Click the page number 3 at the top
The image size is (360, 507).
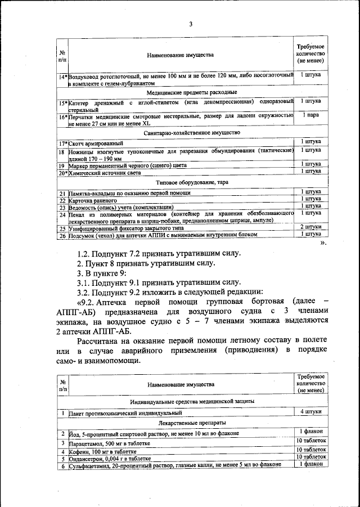191,24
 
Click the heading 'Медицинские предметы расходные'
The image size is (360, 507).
191,92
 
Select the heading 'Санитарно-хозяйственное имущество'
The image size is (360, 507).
192,132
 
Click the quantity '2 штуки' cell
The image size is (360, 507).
310,226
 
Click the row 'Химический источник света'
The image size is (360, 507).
104,173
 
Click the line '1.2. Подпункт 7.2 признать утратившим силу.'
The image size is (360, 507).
159,253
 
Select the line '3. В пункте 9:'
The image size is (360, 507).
102,272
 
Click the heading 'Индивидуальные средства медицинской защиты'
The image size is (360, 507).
192,401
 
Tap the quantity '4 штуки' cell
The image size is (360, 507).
310,412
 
